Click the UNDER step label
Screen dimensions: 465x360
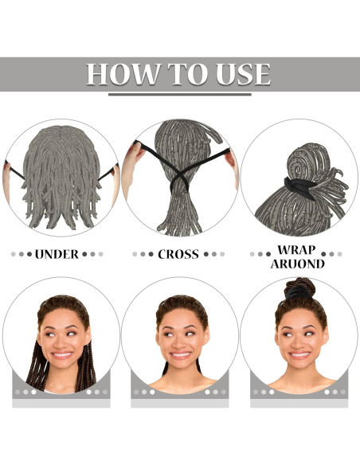click(57, 255)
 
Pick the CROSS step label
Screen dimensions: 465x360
click(178, 255)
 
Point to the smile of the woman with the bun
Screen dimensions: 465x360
click(299, 355)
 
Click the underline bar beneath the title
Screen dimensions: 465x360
click(179, 95)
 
